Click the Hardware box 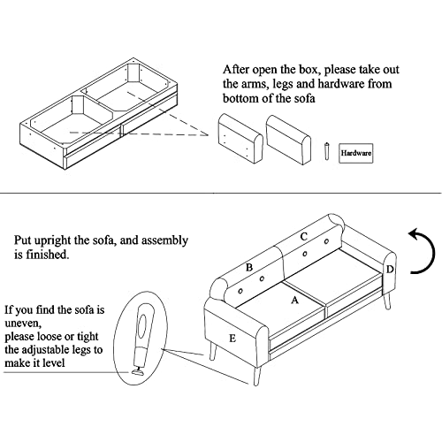click(x=356, y=153)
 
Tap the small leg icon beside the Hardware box click(x=326, y=151)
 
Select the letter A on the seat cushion click(x=295, y=301)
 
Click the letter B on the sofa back click(x=249, y=268)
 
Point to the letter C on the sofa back click(x=304, y=237)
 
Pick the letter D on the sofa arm click(x=390, y=270)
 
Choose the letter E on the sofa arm click(x=232, y=339)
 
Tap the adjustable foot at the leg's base click(x=138, y=372)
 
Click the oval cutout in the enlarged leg click(x=143, y=324)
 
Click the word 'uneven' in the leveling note click(x=22, y=324)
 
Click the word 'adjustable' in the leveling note click(x=48, y=350)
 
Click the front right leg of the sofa click(x=257, y=375)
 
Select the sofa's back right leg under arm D click(x=388, y=300)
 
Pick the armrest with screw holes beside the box click(x=240, y=139)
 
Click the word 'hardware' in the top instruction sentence click(x=341, y=84)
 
